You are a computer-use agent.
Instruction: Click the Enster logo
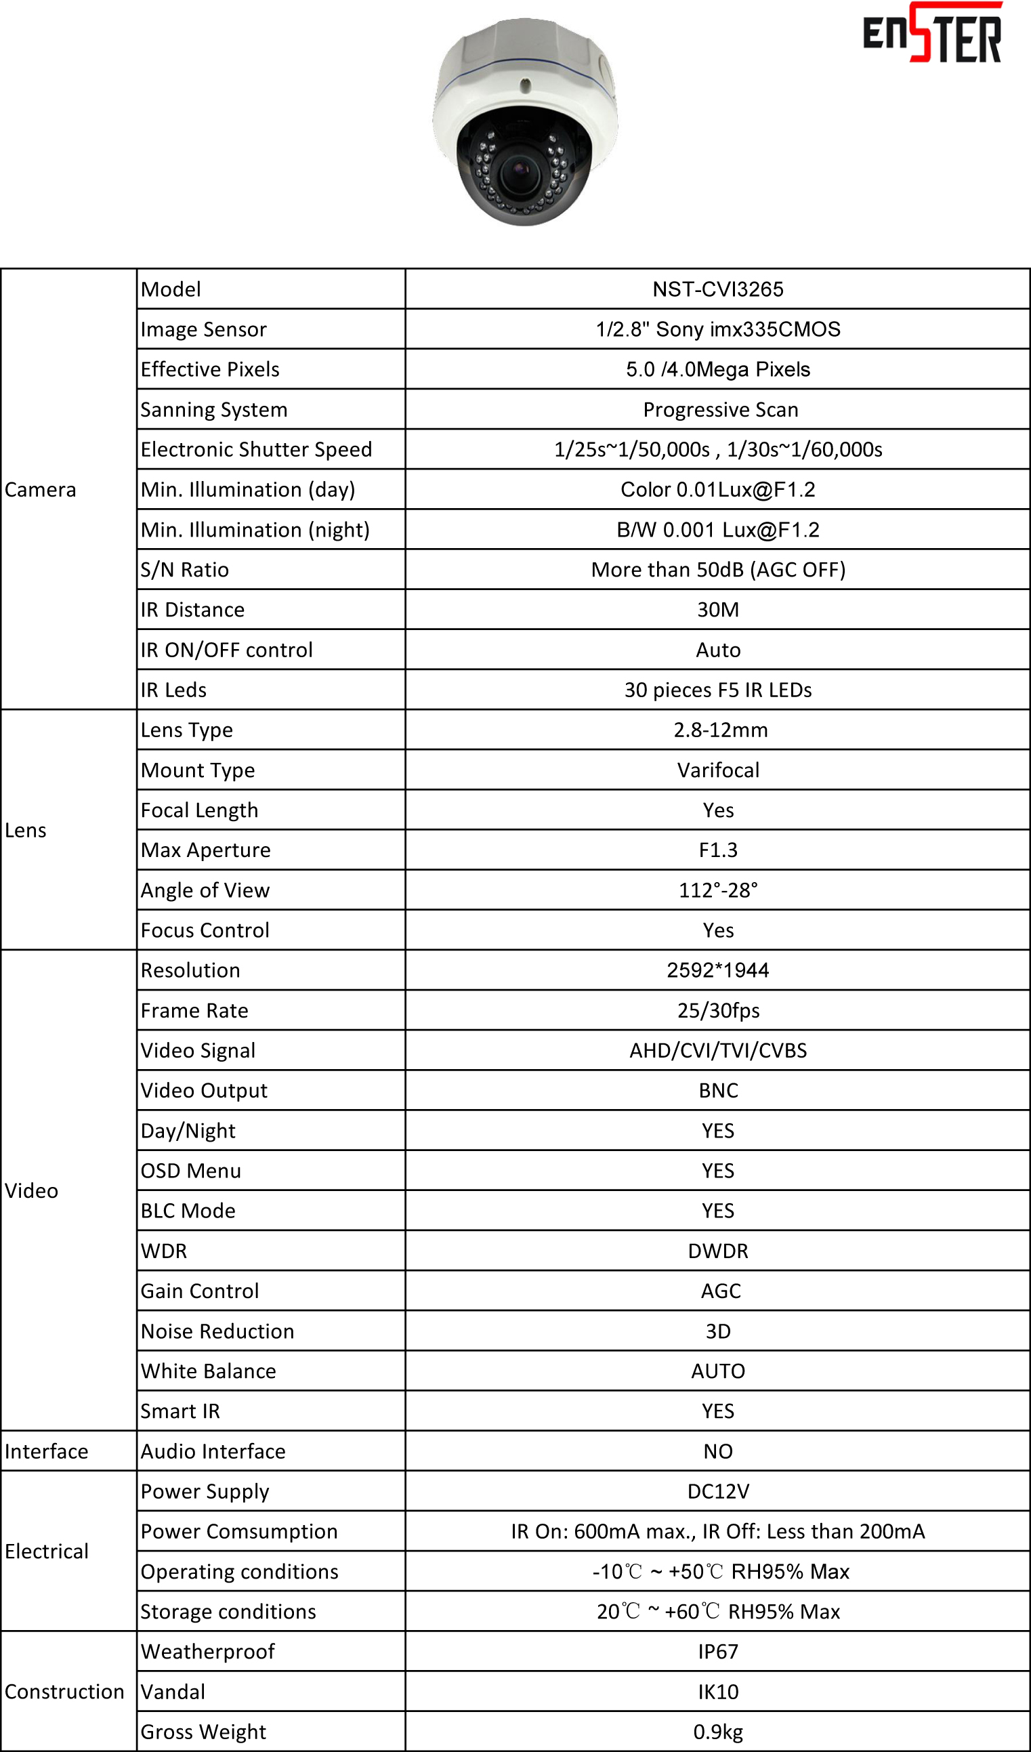coord(931,33)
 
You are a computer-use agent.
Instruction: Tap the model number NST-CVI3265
coord(717,289)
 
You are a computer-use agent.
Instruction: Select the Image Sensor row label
coord(204,329)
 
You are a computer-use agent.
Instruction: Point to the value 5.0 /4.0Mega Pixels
coord(717,369)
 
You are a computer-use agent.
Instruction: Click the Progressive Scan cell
coord(720,409)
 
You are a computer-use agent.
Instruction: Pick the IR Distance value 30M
coord(717,610)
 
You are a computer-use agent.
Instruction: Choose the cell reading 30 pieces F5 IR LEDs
coord(717,690)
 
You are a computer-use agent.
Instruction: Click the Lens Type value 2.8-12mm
coord(720,730)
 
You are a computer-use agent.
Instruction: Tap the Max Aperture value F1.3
coord(717,850)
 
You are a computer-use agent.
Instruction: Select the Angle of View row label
coord(205,890)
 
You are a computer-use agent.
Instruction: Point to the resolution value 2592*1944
coord(717,970)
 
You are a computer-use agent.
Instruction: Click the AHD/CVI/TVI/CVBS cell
coord(717,1050)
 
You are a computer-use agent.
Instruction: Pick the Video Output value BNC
coord(717,1090)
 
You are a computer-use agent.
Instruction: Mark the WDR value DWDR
coord(717,1251)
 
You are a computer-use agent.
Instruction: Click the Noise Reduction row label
coord(217,1331)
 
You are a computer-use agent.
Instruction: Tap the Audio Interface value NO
coord(717,1451)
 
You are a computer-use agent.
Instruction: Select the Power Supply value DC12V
coord(717,1491)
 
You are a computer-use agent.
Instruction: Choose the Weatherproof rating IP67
coord(717,1651)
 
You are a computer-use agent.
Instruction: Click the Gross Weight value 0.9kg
coord(717,1732)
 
